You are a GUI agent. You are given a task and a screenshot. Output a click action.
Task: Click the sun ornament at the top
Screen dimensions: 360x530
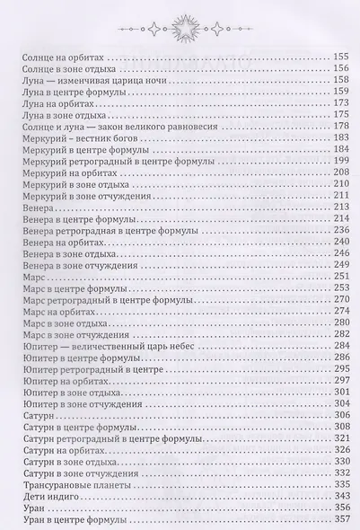[179, 19]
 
